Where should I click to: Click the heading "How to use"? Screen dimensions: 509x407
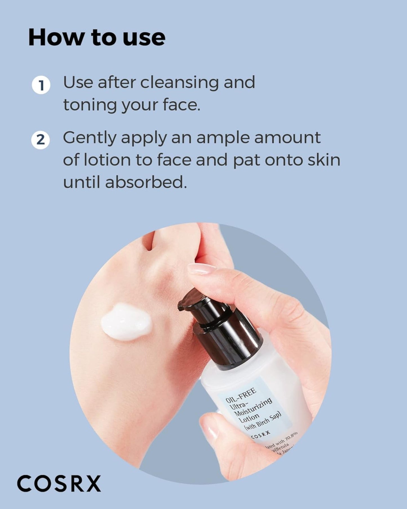97,37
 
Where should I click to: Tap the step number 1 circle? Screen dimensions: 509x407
41,85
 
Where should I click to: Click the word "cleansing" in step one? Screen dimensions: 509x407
179,83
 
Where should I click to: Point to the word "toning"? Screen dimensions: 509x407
90,105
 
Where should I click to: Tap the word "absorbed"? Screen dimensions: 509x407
146,182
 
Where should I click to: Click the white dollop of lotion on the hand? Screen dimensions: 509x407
126,322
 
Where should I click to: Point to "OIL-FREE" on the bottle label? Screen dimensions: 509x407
241,395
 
